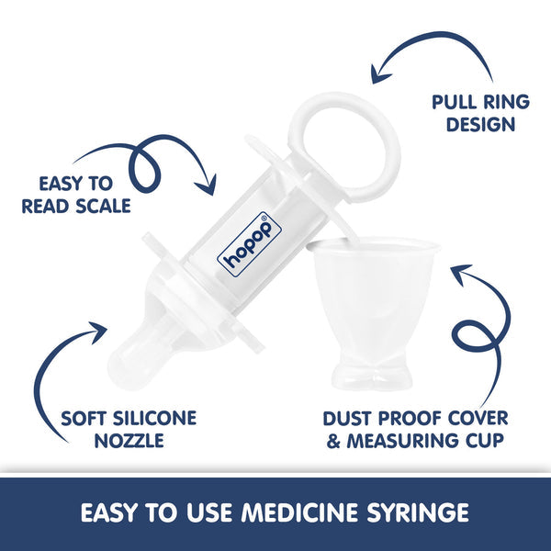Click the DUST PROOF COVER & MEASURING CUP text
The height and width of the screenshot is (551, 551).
(x=412, y=430)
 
